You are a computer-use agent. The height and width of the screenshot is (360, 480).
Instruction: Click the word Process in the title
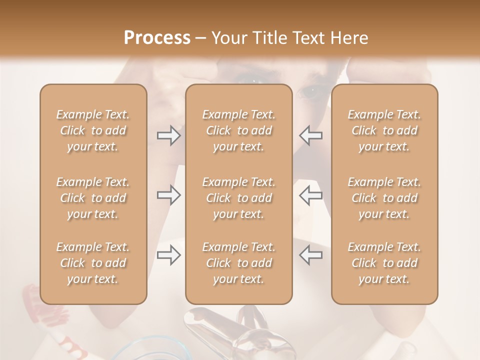(x=157, y=38)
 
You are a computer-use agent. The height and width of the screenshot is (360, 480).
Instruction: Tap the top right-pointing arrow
(x=169, y=135)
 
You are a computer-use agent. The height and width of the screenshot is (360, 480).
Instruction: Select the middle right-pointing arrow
(x=169, y=195)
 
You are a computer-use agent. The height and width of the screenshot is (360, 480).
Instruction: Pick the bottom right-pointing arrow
(x=169, y=255)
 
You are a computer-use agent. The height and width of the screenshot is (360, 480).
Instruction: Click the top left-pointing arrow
(x=311, y=135)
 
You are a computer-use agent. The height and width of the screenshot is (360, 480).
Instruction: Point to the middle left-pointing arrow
(x=311, y=195)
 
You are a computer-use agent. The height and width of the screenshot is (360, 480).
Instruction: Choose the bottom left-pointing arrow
(x=311, y=255)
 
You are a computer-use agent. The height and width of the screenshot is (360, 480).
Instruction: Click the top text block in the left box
(x=93, y=130)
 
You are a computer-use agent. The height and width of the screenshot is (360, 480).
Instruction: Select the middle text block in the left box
(x=93, y=197)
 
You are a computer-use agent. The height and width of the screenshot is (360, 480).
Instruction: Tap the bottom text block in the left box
(x=93, y=263)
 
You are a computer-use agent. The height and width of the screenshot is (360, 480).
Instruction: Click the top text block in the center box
(x=239, y=130)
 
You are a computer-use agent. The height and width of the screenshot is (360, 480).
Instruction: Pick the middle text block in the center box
(x=239, y=197)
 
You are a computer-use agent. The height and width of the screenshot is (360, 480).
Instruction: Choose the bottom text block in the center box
(x=239, y=263)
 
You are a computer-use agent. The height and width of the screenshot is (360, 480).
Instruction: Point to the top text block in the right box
(x=384, y=130)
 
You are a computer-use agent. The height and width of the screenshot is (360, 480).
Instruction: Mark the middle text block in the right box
(x=384, y=197)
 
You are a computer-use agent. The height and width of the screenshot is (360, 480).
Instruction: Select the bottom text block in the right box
(x=384, y=263)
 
